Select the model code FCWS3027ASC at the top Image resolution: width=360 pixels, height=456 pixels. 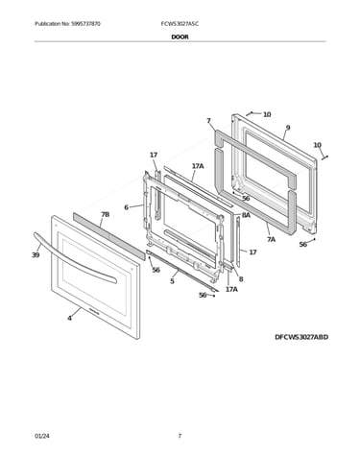pos(180,24)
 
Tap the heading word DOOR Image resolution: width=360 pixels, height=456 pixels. pos(180,36)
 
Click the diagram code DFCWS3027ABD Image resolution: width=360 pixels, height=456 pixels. pos(301,337)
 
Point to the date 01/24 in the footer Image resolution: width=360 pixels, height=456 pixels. pos(42,436)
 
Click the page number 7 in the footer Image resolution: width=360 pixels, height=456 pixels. pos(180,436)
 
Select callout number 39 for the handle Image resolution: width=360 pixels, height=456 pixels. pos(36,255)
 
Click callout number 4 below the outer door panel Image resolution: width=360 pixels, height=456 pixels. pos(69,318)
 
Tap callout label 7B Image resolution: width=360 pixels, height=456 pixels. pos(106,214)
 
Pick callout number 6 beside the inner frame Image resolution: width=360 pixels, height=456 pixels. pos(126,207)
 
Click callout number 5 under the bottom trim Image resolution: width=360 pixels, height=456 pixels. pos(172,281)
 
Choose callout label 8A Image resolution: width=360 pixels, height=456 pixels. pos(246,215)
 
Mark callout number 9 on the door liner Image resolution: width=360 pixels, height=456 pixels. pos(288,128)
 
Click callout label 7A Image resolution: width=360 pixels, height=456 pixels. pos(271,239)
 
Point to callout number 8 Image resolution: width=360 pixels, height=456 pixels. pos(241,279)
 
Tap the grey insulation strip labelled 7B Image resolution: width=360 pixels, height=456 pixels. pos(108,236)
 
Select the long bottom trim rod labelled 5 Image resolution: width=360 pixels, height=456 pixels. pos(181,271)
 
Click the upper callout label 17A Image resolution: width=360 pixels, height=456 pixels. pos(198,166)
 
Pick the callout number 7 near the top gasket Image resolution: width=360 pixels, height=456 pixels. pos(208,121)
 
